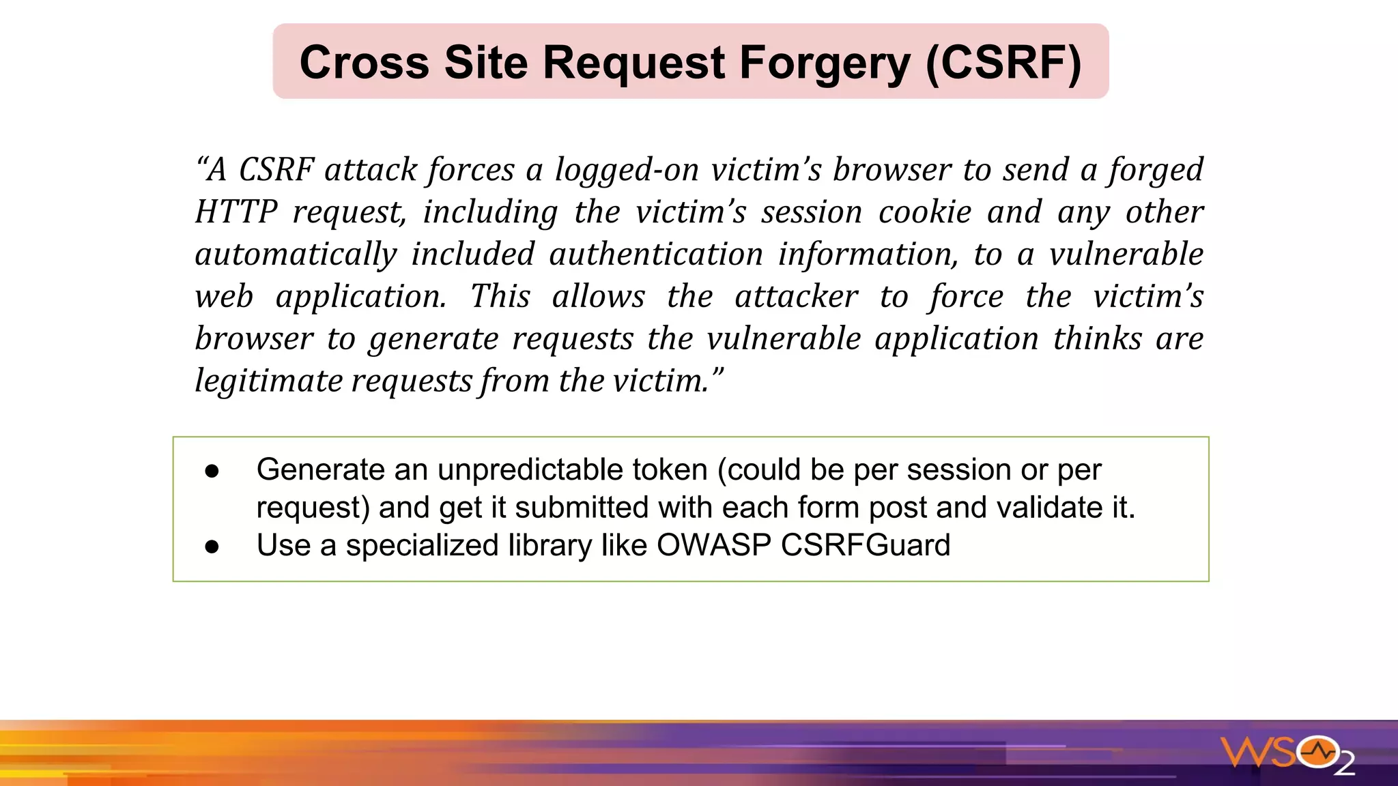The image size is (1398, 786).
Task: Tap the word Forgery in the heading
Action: pos(825,63)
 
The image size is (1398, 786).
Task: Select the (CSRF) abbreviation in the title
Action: pos(1003,63)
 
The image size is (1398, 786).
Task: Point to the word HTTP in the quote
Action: pos(236,212)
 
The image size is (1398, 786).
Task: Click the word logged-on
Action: pos(627,170)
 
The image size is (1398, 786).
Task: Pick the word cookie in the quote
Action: pos(925,212)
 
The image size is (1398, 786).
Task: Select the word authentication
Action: pos(656,254)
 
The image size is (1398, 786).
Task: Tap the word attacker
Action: pos(796,297)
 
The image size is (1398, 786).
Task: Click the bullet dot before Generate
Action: pos(212,471)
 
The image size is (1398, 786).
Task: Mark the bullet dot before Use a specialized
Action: pos(212,547)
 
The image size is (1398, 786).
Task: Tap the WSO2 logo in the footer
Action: pos(1287,755)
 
